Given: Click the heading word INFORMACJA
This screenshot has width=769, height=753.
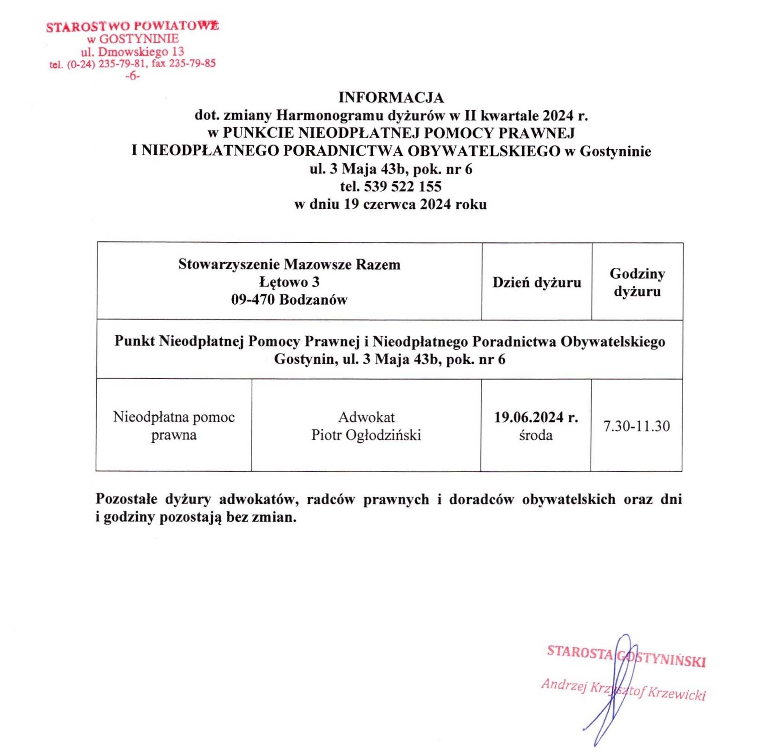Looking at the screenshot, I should (391, 98).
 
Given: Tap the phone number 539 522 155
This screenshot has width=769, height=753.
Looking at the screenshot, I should (402, 187).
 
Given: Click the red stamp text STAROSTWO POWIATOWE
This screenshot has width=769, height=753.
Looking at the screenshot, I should (132, 26).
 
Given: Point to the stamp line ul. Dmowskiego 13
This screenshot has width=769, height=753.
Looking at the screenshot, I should (132, 51).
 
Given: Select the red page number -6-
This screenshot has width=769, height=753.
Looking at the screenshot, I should (132, 76).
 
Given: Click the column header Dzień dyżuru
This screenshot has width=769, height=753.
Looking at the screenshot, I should (537, 282).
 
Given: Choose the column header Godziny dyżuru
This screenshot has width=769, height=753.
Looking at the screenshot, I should (637, 282).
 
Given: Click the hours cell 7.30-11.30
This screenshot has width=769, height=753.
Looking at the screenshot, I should (637, 426).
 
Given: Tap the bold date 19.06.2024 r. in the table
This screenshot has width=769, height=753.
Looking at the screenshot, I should (536, 417).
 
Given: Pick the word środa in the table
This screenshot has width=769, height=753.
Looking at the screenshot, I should (536, 435).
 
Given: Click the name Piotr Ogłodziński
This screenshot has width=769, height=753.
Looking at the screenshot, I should (366, 435).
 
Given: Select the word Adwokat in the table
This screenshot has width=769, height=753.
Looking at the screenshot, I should (366, 417).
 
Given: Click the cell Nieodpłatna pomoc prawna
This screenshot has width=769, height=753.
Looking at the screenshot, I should (174, 426).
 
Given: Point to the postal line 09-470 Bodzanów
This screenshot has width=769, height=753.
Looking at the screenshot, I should (289, 300).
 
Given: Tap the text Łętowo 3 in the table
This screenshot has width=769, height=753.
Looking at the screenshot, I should (289, 282).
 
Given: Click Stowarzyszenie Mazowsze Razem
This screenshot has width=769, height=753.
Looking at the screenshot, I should (289, 264).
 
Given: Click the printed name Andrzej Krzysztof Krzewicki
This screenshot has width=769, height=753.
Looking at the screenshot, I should (623, 689).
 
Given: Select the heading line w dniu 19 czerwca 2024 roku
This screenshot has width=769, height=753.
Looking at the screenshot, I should (390, 204).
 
